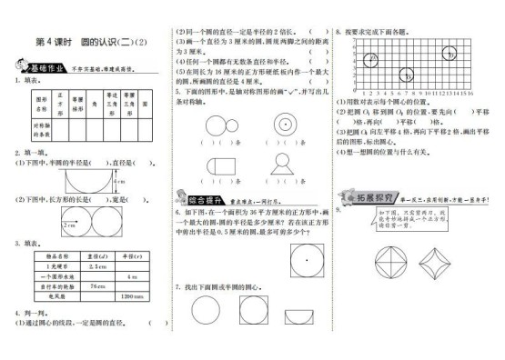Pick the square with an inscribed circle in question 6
click(308, 260)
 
